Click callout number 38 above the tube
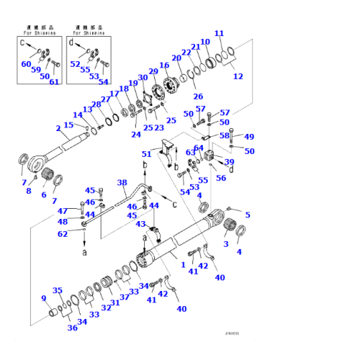pyautogui.click(x=122, y=182)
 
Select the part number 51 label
pyautogui.click(x=147, y=153)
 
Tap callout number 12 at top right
pyautogui.click(x=238, y=76)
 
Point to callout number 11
pyautogui.click(x=220, y=33)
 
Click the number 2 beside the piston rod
pyautogui.click(x=58, y=129)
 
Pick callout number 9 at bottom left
pyautogui.click(x=44, y=299)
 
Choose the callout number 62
pyautogui.click(x=63, y=233)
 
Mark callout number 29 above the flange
pyautogui.click(x=153, y=71)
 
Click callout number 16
pyautogui.click(x=164, y=66)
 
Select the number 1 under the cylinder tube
pyautogui.click(x=183, y=265)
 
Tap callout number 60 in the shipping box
pyautogui.click(x=27, y=64)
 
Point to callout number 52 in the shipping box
pyautogui.click(x=76, y=64)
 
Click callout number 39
pyautogui.click(x=229, y=162)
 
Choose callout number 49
pyautogui.click(x=249, y=137)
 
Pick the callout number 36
pyautogui.click(x=72, y=328)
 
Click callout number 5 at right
pyautogui.click(x=248, y=215)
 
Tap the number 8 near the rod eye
pyautogui.click(x=29, y=191)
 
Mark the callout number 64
pyautogui.click(x=198, y=148)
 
